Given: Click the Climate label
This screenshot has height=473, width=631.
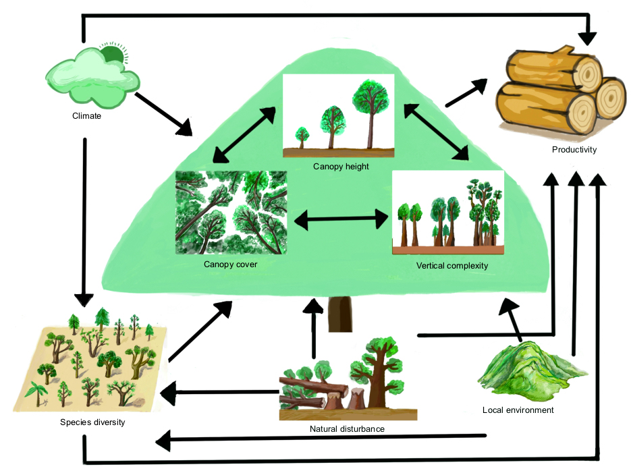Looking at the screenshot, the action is pyautogui.click(x=86, y=116).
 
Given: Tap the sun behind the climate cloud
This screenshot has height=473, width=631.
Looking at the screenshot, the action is pyautogui.click(x=113, y=53).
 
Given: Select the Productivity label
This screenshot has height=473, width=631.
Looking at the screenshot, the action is pyautogui.click(x=574, y=150).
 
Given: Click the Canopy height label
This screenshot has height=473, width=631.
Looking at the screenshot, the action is pyautogui.click(x=341, y=167).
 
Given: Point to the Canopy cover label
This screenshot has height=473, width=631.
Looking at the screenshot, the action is pyautogui.click(x=230, y=265).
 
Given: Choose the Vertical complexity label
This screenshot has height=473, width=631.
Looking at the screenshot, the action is pyautogui.click(x=452, y=265).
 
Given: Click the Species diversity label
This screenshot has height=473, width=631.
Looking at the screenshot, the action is pyautogui.click(x=92, y=422).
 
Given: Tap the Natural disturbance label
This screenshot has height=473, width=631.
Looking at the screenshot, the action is pyautogui.click(x=347, y=428).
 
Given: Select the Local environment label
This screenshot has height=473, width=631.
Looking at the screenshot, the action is pyautogui.click(x=518, y=410).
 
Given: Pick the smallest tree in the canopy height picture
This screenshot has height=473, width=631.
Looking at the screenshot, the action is pyautogui.click(x=302, y=138).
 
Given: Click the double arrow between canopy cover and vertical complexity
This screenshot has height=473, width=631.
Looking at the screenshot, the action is pyautogui.click(x=341, y=219).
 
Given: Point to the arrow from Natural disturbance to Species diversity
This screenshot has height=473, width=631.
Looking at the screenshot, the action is pyautogui.click(x=220, y=393).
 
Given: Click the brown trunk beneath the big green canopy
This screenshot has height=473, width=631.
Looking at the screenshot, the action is pyautogui.click(x=340, y=314).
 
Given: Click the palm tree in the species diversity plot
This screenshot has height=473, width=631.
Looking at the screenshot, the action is pyautogui.click(x=36, y=394).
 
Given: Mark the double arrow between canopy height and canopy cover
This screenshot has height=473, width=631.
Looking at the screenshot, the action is pyautogui.click(x=244, y=135).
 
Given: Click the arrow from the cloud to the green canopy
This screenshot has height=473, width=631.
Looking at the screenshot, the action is pyautogui.click(x=163, y=114).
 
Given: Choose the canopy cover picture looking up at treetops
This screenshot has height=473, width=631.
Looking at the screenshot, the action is pyautogui.click(x=231, y=213).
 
